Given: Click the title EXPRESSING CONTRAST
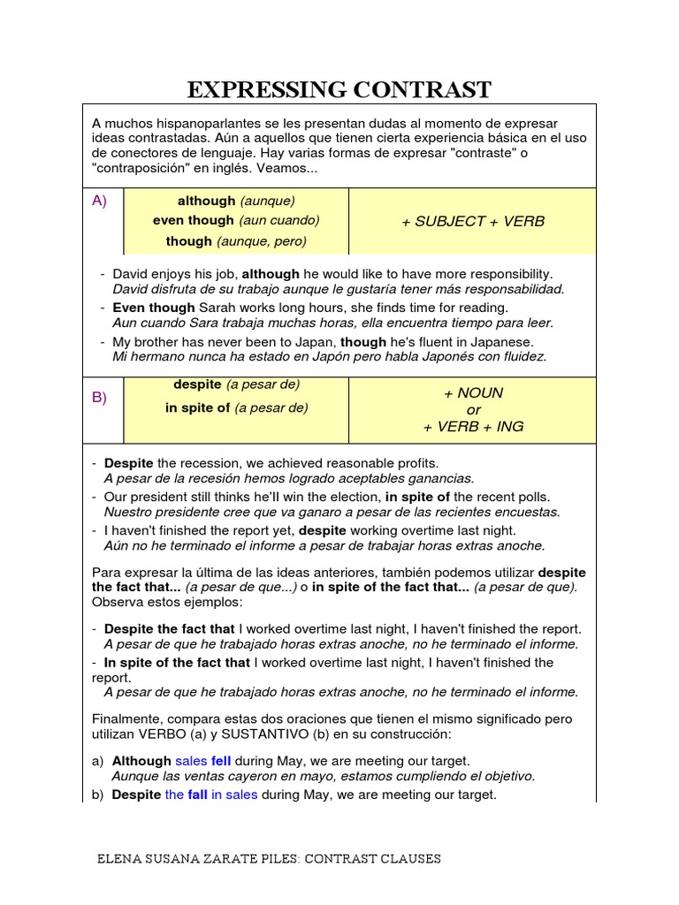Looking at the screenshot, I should click(x=339, y=89).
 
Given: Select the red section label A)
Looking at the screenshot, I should click(x=100, y=201).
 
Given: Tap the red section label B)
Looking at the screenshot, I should click(x=100, y=398).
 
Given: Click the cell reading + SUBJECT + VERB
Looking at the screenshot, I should click(x=473, y=221).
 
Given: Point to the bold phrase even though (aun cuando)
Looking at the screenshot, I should click(x=236, y=220).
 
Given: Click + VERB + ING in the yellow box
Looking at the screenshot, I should click(x=473, y=426).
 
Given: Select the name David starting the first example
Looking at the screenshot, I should click(x=131, y=275).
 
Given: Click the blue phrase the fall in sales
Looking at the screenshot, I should click(x=211, y=795).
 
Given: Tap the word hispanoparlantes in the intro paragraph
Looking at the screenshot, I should click(x=206, y=123).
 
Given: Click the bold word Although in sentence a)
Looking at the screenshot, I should click(x=141, y=761).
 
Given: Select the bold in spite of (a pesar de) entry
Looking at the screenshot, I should click(x=236, y=407).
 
